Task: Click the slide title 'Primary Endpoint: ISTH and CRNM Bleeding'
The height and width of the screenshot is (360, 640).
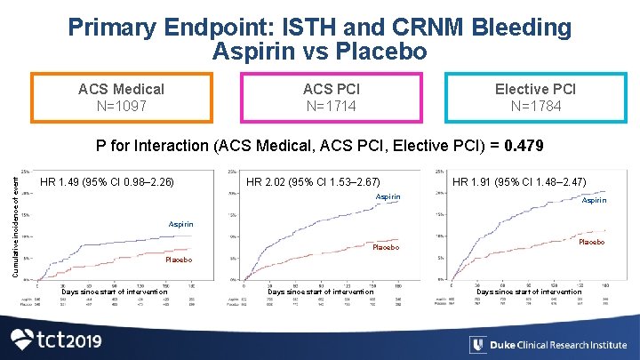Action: click(x=320, y=28)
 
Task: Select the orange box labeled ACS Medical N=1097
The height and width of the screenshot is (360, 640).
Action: click(x=121, y=98)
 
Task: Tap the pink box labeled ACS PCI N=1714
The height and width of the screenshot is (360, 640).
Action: click(x=330, y=98)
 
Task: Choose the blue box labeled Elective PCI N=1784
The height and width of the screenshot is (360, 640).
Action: click(x=535, y=98)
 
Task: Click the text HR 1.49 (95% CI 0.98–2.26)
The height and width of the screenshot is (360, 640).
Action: click(x=108, y=183)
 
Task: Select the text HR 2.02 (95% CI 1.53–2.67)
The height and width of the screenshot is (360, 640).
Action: click(x=313, y=182)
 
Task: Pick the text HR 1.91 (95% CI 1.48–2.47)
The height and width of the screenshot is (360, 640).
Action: click(x=519, y=182)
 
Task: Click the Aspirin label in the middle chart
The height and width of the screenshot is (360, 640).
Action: click(x=388, y=196)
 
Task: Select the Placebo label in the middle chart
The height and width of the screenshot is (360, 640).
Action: click(x=387, y=247)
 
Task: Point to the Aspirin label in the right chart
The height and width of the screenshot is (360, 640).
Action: click(x=594, y=201)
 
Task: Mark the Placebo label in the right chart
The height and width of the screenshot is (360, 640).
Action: click(x=592, y=242)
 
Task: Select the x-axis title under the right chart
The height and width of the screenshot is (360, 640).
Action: click(x=529, y=292)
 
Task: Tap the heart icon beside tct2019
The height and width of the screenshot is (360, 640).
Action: click(x=24, y=340)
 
